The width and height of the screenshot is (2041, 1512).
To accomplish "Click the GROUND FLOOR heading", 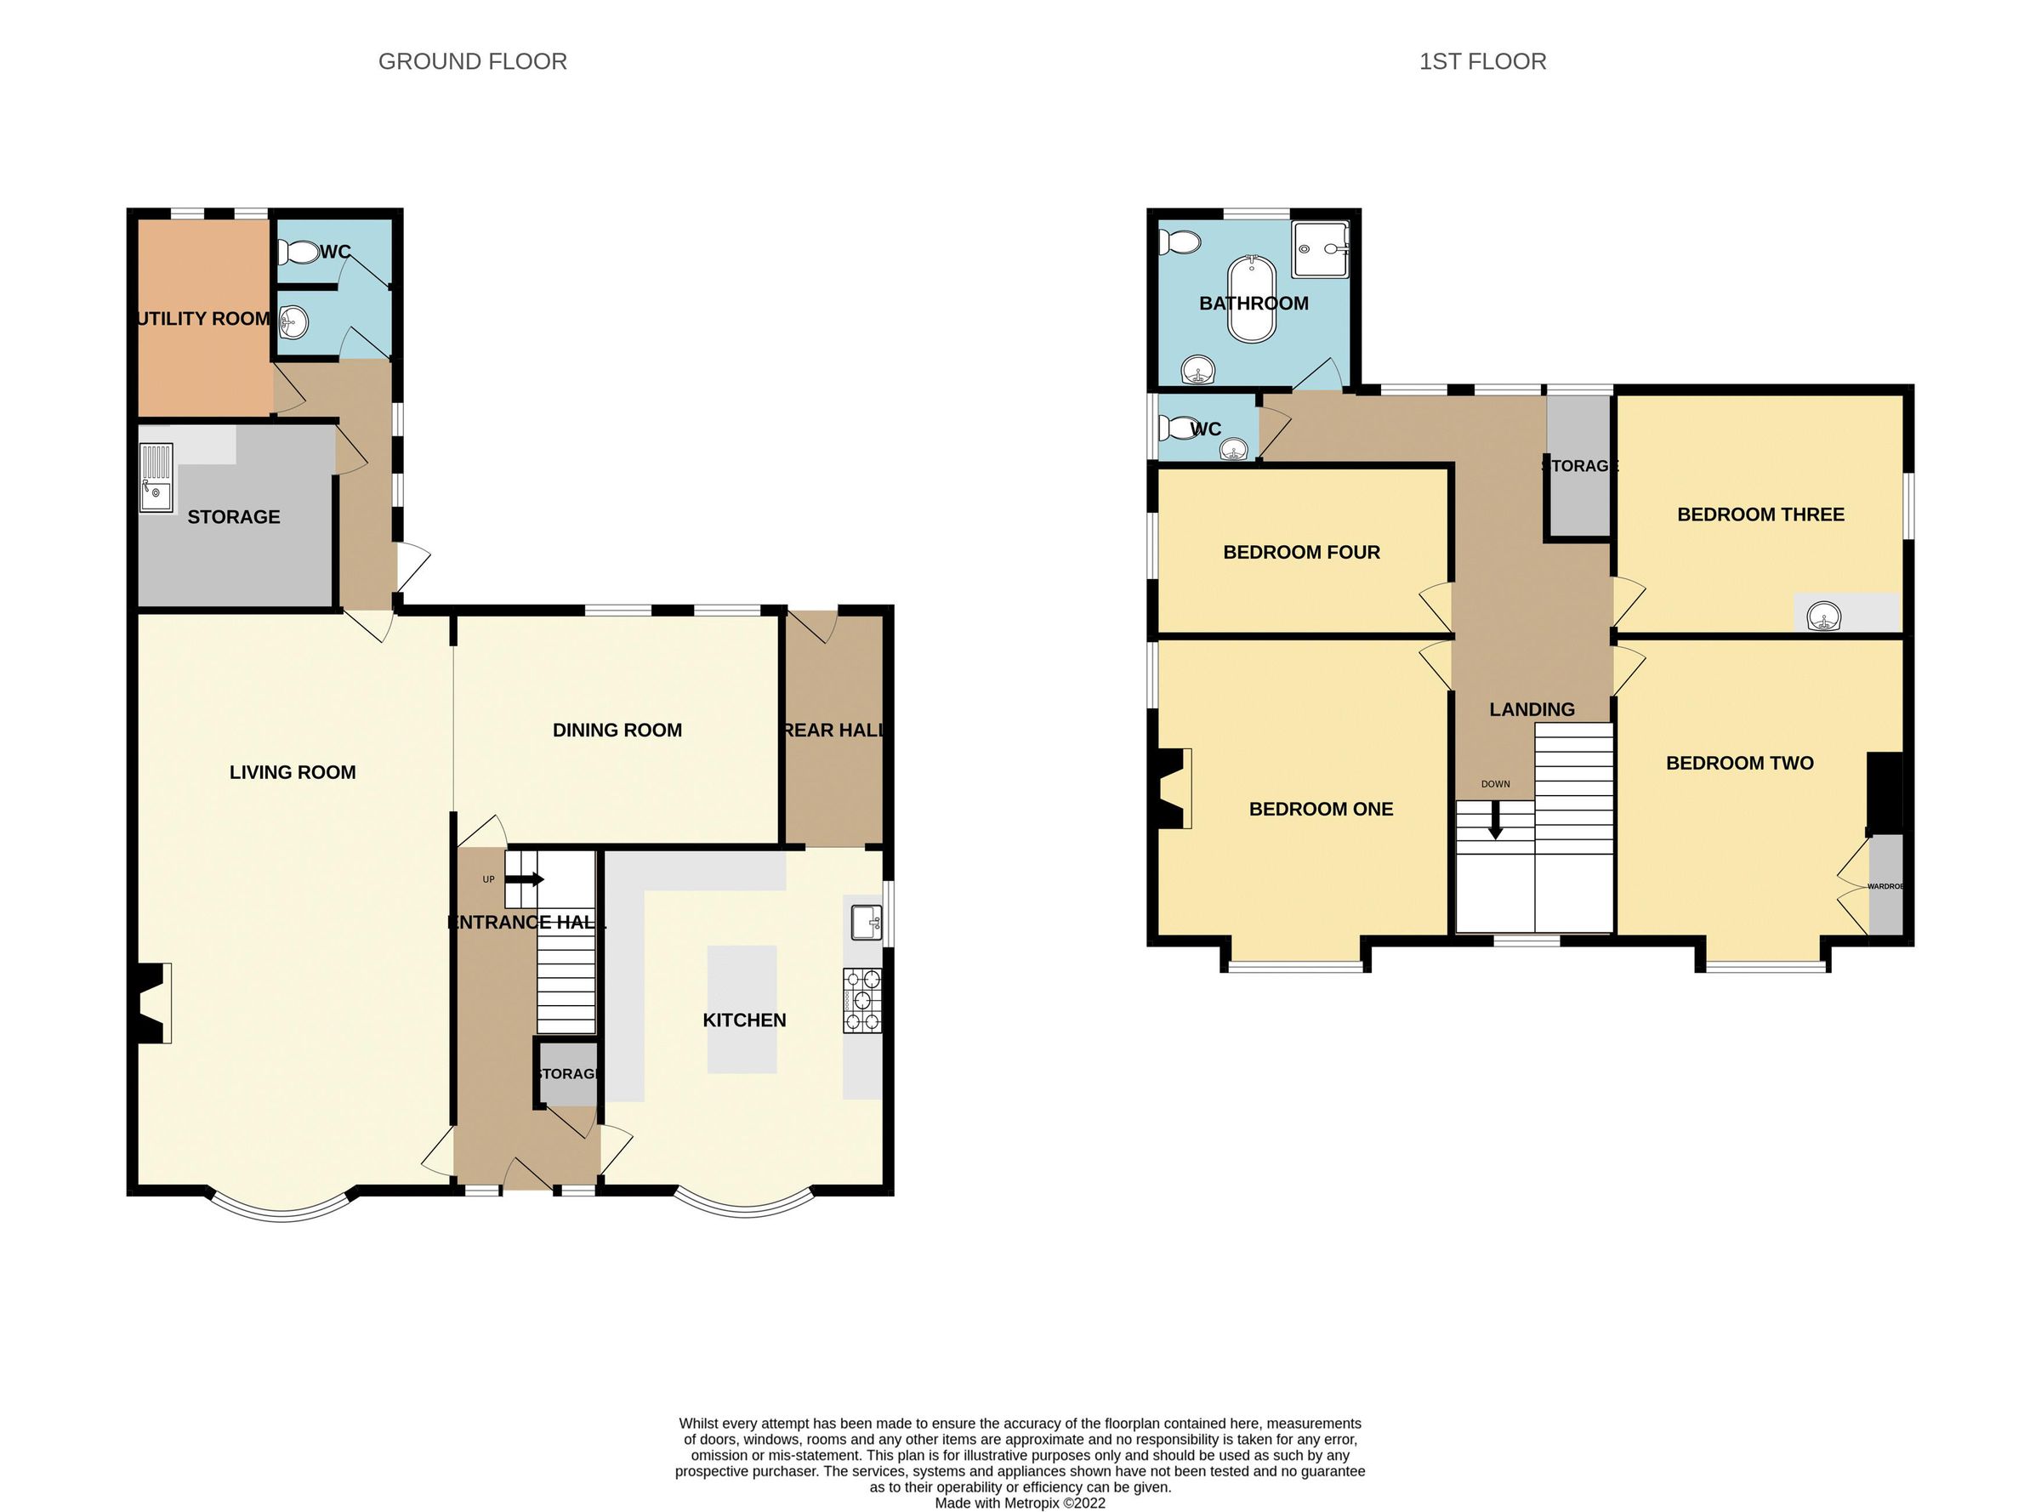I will (472, 61).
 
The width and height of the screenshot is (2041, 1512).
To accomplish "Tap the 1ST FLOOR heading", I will (1481, 61).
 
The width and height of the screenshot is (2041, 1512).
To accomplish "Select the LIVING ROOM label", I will (292, 772).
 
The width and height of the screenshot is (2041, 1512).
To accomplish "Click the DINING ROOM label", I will (617, 730).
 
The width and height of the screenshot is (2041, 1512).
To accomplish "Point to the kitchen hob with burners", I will (862, 1000).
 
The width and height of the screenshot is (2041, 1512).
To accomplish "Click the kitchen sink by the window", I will (865, 922).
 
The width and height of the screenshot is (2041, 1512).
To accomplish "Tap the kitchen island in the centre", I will (742, 1009).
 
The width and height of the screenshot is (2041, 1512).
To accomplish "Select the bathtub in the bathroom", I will (1251, 300).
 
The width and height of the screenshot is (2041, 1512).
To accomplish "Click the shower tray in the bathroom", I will (1320, 249).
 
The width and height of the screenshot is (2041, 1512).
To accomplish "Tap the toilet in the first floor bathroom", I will (1179, 242).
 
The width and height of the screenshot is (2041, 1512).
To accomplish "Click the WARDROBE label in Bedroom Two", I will (1885, 886).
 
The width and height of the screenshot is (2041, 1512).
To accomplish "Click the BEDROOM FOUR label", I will (1300, 552).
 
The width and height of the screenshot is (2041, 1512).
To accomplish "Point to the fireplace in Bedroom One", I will (1174, 788).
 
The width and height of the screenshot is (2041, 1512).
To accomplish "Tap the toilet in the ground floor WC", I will (297, 251).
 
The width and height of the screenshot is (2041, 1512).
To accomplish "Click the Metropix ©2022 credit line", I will (1020, 1503).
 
